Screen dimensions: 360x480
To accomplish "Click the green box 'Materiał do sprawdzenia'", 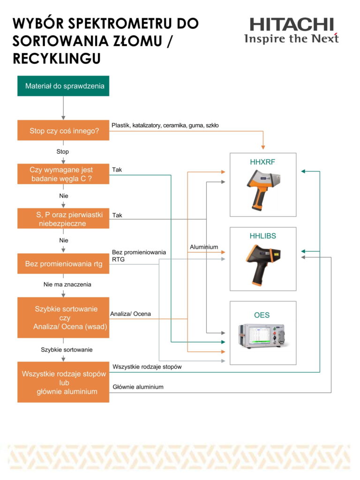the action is pos(63,86).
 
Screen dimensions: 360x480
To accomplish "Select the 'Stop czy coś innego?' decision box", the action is pos(63,130).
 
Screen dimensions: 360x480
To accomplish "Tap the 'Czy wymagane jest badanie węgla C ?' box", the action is pos(63,174).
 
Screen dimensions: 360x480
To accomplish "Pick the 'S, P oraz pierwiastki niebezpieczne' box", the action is pos(63,218).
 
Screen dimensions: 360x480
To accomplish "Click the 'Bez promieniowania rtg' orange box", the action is pos(63,263).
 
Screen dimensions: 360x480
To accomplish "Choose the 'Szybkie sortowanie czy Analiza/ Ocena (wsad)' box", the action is pos(63,317).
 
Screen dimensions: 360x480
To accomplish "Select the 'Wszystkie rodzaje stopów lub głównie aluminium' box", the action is pos(63,382).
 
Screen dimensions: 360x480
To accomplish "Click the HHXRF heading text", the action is pos(262,162).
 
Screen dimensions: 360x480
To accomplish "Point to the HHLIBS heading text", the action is pos(262,236).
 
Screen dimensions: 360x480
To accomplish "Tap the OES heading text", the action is pos(262,315).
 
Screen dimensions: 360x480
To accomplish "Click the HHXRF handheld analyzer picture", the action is pos(263,190).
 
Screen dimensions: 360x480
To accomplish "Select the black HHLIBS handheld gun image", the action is pos(263,265).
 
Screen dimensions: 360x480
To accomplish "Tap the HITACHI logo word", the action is pos(292,24).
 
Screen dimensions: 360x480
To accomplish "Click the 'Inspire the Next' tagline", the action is pos(292,38).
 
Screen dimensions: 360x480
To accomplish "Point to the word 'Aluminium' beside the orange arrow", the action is pos(204,247).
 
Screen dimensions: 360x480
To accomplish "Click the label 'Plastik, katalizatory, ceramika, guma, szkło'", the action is pos(165,125).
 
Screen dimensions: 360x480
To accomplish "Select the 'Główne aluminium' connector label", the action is pos(138,387).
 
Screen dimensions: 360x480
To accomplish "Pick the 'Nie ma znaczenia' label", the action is pos(67,285).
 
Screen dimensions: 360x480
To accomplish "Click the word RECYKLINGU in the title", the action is pos(57,58).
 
